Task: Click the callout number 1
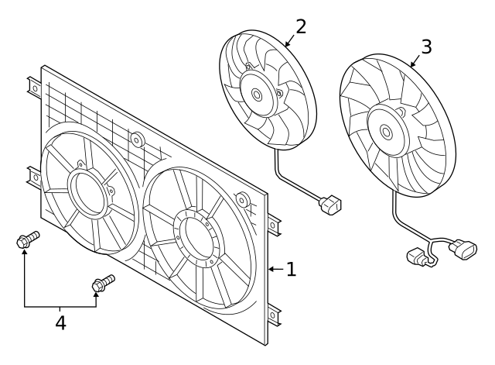(291, 270)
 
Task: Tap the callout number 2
(300, 26)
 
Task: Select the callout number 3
(425, 46)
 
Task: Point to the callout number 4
(60, 322)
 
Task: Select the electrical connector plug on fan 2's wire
(332, 206)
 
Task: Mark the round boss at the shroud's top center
(137, 140)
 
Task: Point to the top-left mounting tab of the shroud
(33, 87)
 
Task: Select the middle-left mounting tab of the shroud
(33, 177)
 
